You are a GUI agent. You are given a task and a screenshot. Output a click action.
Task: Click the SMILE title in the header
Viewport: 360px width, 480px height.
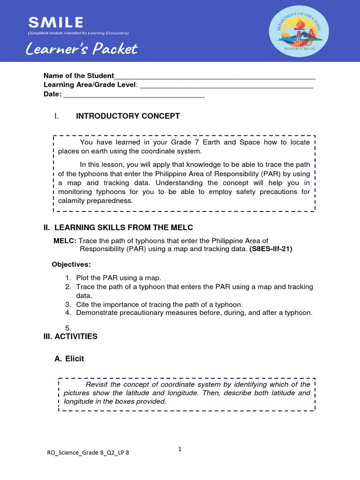(x=56, y=22)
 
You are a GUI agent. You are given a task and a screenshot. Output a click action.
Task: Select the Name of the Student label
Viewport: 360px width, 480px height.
(x=79, y=76)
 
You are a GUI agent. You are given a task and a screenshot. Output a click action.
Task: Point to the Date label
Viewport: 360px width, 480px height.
(x=52, y=94)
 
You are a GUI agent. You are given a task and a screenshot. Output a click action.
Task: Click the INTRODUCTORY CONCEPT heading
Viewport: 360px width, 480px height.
(x=128, y=116)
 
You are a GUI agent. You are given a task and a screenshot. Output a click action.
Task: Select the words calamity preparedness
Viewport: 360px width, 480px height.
(x=96, y=201)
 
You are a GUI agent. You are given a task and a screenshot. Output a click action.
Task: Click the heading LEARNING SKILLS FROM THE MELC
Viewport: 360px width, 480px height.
(x=124, y=228)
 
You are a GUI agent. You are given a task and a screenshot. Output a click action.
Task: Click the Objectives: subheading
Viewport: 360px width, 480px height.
(x=71, y=264)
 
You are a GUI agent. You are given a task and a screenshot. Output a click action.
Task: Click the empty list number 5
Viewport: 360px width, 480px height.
(x=68, y=328)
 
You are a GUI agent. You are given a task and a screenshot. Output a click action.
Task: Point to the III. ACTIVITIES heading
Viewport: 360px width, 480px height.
(x=70, y=337)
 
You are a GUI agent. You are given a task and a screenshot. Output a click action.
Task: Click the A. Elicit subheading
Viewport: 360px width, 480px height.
(x=69, y=359)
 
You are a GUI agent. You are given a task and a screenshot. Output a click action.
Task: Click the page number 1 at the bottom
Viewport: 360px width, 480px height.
(x=180, y=449)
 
